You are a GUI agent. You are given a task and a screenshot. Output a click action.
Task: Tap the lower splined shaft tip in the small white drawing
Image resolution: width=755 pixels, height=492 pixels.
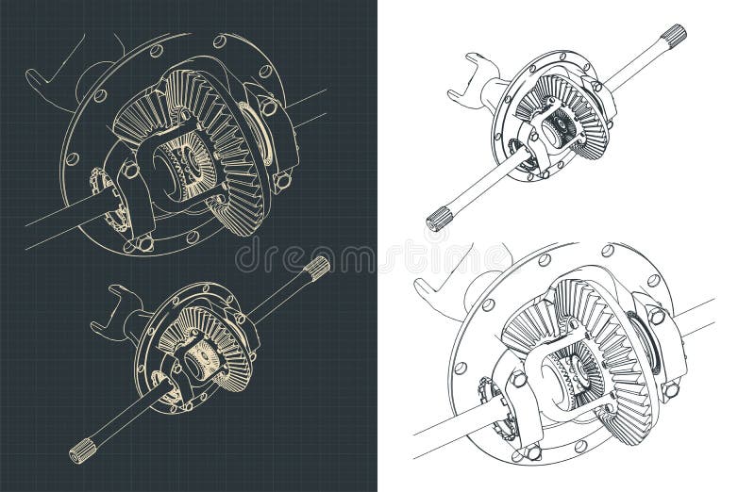click(x=441, y=220)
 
